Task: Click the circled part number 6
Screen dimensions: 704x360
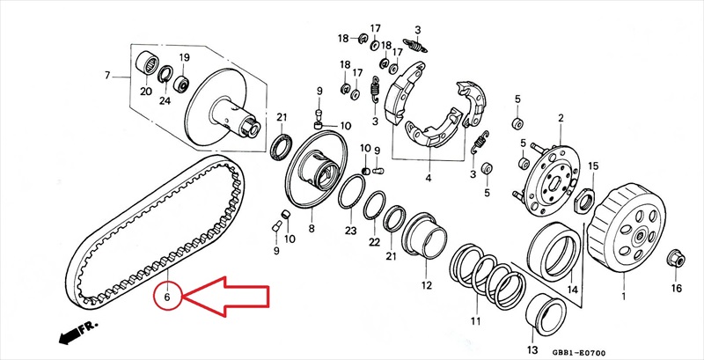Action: coord(167,297)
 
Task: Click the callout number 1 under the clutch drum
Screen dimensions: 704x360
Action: coord(623,296)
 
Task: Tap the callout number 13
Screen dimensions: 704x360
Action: coord(532,349)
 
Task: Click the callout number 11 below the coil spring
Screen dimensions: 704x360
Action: coord(475,321)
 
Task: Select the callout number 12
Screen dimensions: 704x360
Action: coord(426,284)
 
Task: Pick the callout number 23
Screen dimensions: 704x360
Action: coord(350,231)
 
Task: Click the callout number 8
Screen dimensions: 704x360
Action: coord(312,229)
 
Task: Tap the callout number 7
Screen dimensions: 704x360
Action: coord(107,75)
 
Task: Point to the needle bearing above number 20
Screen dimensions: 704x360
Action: coord(147,63)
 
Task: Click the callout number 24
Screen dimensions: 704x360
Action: coord(165,100)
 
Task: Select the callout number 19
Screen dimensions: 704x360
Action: coord(185,57)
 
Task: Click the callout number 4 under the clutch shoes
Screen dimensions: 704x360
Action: coord(429,178)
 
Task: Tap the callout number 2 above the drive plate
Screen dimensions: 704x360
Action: coord(561,119)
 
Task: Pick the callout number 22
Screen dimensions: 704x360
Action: coord(375,242)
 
